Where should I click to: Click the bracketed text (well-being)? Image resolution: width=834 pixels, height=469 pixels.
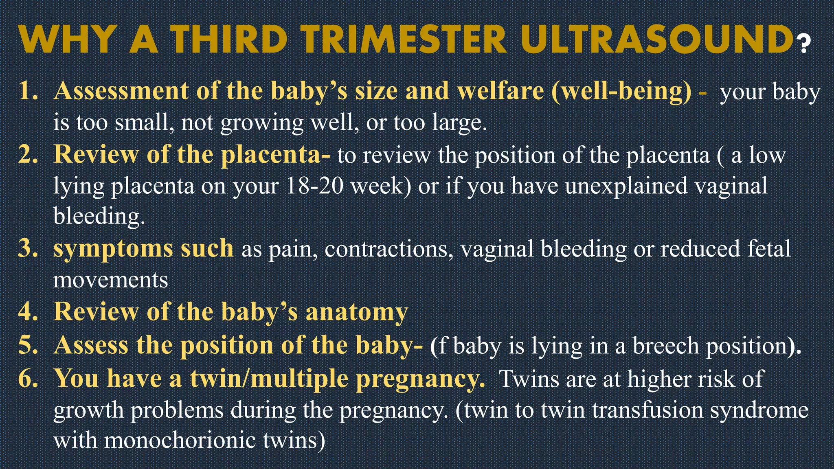pyautogui.click(x=621, y=92)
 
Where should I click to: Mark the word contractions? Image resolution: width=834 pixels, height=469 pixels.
pyautogui.click(x=389, y=249)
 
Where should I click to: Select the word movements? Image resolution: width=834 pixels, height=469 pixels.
pyautogui.click(x=110, y=280)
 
